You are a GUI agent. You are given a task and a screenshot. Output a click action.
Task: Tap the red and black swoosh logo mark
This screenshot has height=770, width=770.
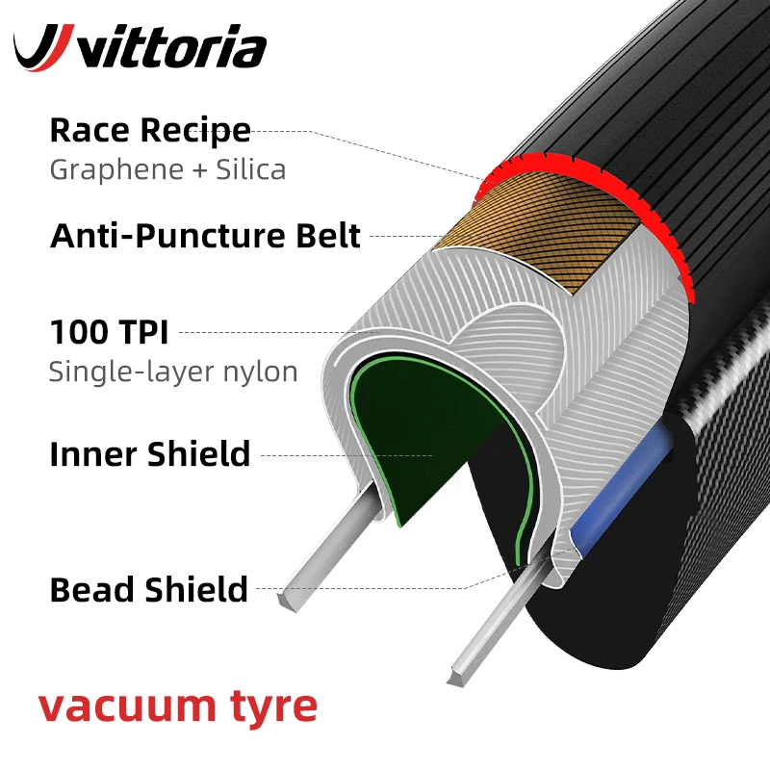[x=43, y=47]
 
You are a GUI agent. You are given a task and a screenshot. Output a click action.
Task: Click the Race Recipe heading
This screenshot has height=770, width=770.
[x=150, y=130]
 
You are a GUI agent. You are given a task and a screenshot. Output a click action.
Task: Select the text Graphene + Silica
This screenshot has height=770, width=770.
[x=167, y=170]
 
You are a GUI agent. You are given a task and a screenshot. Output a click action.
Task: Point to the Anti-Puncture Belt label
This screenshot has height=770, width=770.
[x=205, y=236]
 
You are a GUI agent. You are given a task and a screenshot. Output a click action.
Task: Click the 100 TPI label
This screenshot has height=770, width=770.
[x=109, y=332]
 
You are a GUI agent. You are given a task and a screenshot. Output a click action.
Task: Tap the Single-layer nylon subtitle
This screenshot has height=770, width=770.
[x=173, y=372]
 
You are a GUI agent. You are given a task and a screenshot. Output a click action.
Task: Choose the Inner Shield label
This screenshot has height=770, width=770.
[x=150, y=453]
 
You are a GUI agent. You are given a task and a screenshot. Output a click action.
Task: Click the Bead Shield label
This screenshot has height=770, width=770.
[x=149, y=589]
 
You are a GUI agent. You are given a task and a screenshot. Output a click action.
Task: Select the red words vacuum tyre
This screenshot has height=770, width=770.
[x=178, y=707]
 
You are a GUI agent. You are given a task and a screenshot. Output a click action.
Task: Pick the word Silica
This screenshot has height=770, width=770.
[x=250, y=170]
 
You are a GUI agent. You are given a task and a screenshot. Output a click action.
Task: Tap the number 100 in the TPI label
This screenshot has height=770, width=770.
[x=78, y=332]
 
